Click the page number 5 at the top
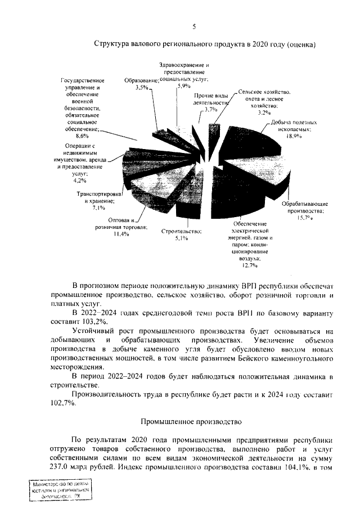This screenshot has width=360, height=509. (x=194, y=26)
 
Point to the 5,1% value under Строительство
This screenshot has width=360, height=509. (x=181, y=238)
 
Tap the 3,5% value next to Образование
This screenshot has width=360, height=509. (x=142, y=88)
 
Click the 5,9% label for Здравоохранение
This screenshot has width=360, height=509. (x=184, y=87)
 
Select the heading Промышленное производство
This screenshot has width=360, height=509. (x=191, y=421)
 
